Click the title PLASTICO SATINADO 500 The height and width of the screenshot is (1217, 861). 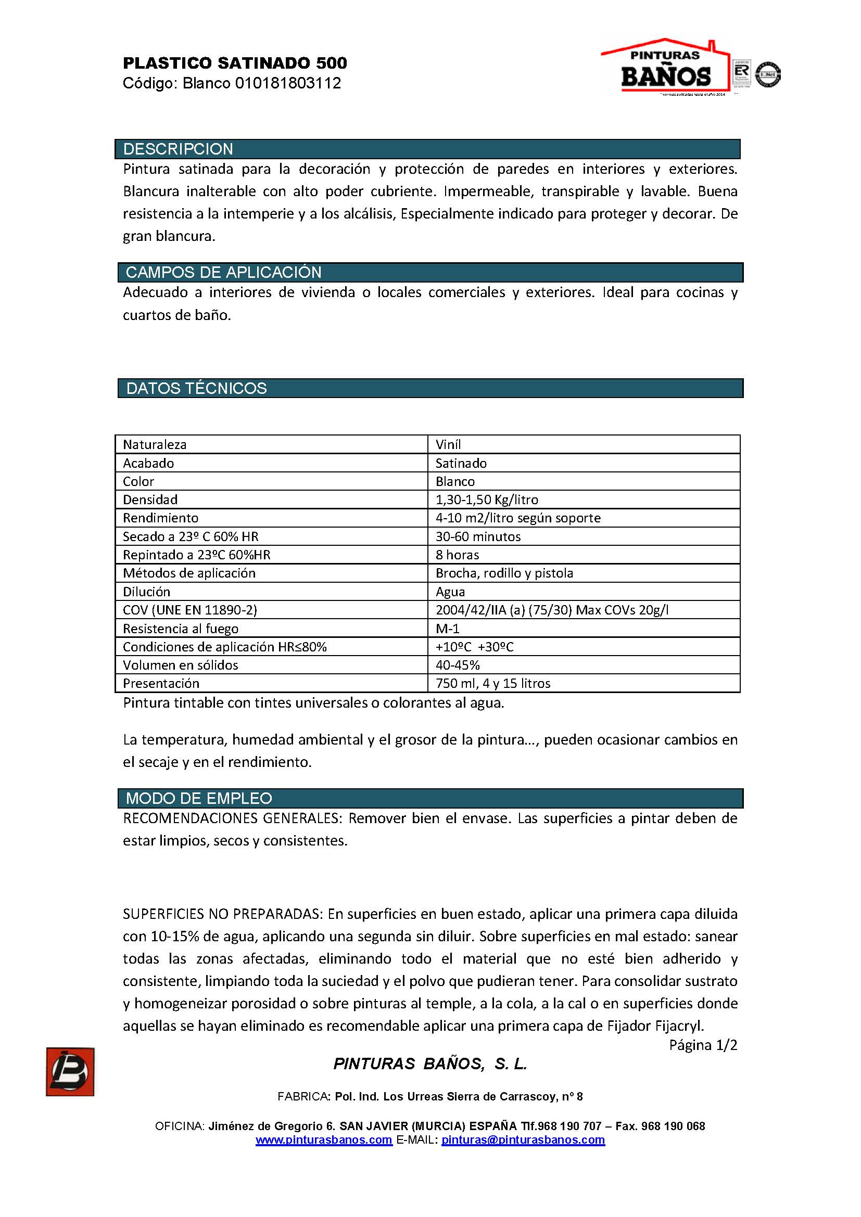pyautogui.click(x=235, y=63)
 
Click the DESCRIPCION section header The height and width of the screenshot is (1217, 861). pyautogui.click(x=178, y=149)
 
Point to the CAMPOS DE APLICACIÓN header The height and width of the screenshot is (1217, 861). pyautogui.click(x=223, y=273)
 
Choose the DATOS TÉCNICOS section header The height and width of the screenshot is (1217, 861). pyautogui.click(x=196, y=389)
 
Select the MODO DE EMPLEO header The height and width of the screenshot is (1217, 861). pyautogui.click(x=199, y=798)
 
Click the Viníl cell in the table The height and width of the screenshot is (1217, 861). pyautogui.click(x=449, y=444)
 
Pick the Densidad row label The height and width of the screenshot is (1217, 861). pyautogui.click(x=150, y=499)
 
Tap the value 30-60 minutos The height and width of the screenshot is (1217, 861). pyautogui.click(x=478, y=536)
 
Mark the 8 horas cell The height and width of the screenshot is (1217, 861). pyautogui.click(x=457, y=555)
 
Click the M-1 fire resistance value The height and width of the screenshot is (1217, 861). pyautogui.click(x=448, y=628)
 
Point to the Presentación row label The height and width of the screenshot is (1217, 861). pyautogui.click(x=161, y=683)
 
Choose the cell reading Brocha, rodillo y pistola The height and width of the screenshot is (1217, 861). pyautogui.click(x=504, y=573)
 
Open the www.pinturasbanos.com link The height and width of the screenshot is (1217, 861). pyautogui.click(x=324, y=1139)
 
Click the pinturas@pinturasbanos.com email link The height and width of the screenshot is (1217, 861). pyautogui.click(x=523, y=1139)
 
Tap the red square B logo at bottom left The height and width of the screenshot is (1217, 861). pyautogui.click(x=70, y=1072)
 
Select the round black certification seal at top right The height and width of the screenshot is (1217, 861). pyautogui.click(x=768, y=74)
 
